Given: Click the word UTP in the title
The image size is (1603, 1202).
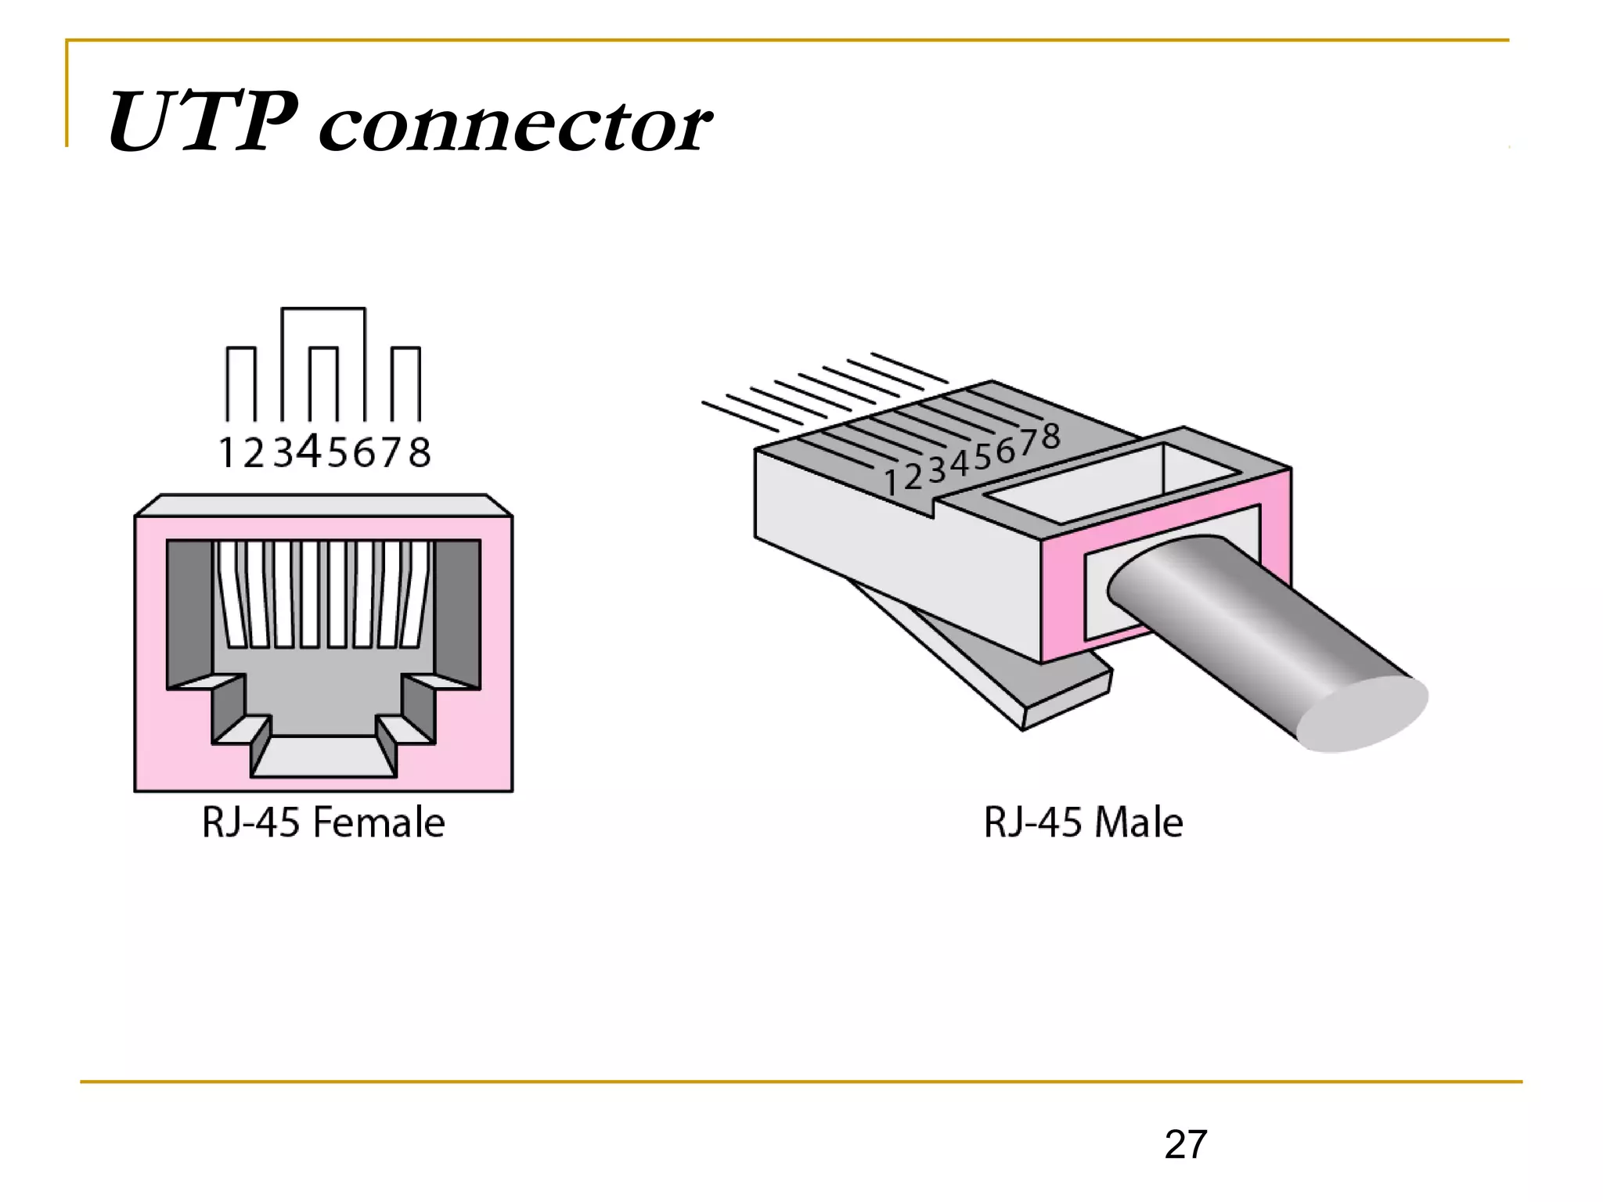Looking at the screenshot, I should point(202,123).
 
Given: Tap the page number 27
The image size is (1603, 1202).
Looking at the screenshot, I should point(1185,1145).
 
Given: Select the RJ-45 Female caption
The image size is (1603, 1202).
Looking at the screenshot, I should point(323,822).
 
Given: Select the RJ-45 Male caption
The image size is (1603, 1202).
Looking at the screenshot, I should point(1082,822).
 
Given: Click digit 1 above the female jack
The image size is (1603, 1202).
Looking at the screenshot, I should point(226,452).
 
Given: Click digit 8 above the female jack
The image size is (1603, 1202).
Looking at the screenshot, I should point(420,452).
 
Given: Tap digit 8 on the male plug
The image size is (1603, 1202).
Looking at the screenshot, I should point(1051,437).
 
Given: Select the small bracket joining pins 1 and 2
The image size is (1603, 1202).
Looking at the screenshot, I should point(241,349).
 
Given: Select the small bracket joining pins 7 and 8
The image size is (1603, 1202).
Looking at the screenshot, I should point(405,349).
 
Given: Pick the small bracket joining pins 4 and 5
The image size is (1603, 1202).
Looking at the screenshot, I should point(323,349).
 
